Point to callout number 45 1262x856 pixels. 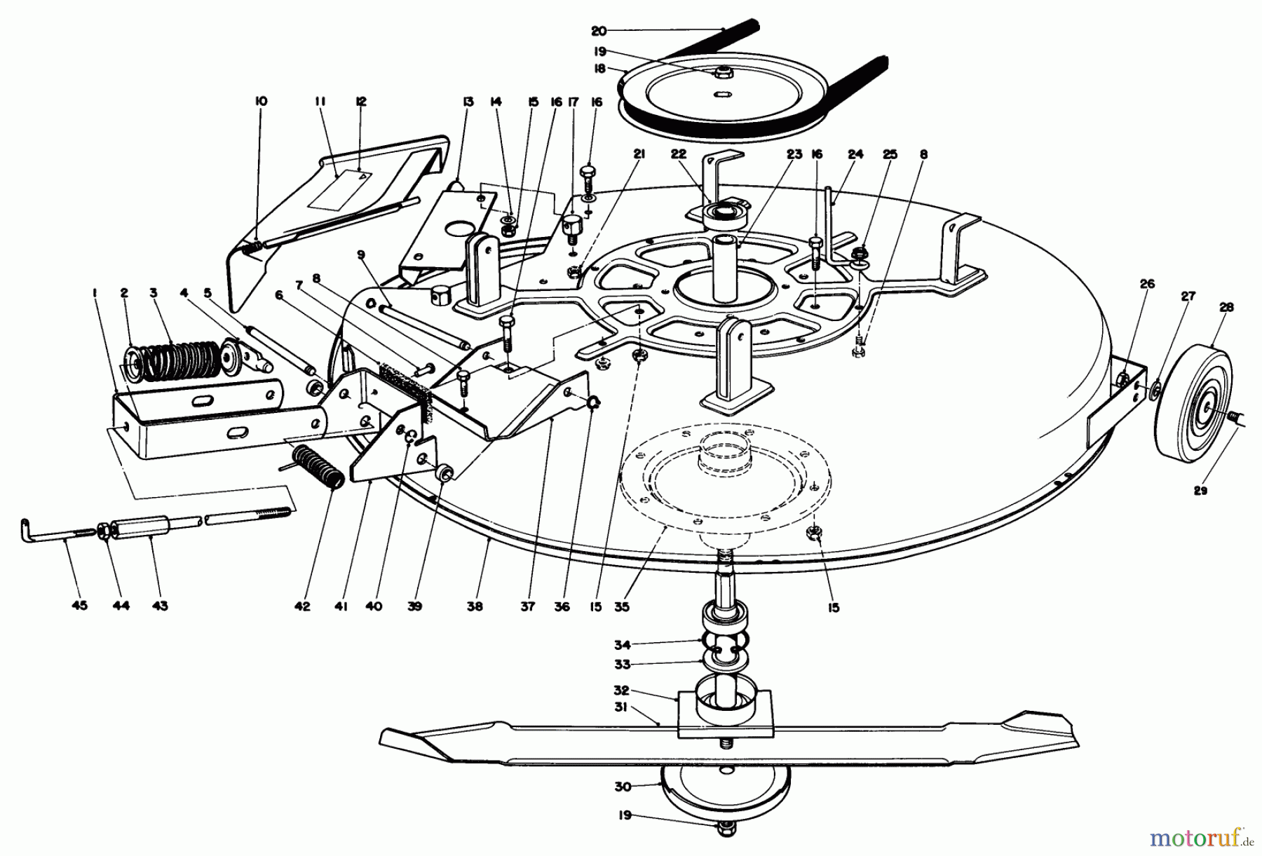pyautogui.click(x=79, y=606)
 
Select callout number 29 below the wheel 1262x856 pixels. pyautogui.click(x=1200, y=491)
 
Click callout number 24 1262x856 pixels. pyautogui.click(x=855, y=155)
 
